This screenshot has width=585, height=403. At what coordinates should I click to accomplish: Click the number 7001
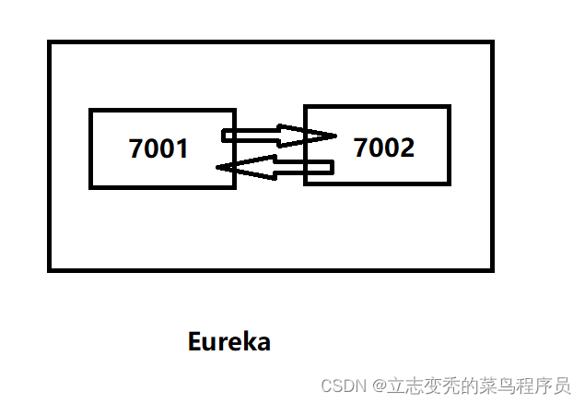coord(158,148)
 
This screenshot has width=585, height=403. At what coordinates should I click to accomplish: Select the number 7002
coord(384,147)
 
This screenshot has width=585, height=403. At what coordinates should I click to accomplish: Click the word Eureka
coord(228,341)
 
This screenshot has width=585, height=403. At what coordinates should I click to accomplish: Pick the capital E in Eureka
coord(194,341)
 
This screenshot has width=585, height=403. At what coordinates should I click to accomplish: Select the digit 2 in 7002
coord(407,147)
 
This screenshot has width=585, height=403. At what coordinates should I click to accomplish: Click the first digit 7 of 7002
coord(362,147)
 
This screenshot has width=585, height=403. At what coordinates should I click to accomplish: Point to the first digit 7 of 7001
coord(136,148)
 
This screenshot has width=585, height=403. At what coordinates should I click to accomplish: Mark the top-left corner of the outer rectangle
coord(50,42)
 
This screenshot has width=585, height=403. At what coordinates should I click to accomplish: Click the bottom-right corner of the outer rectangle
coord(492,269)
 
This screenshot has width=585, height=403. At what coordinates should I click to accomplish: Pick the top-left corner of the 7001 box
coord(91,111)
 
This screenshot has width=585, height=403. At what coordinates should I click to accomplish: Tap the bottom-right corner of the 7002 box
coord(449,183)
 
